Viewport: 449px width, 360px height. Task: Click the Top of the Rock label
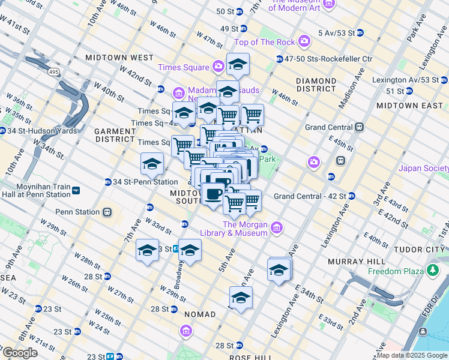click(265, 41)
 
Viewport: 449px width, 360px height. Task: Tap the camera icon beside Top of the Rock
click(305, 41)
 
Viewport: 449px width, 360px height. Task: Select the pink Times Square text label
click(184, 67)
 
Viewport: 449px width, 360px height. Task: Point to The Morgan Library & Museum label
click(245, 229)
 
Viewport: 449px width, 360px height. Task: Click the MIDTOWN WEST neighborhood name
click(119, 58)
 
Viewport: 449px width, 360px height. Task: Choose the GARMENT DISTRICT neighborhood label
click(114, 134)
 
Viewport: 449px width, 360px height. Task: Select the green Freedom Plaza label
click(393, 271)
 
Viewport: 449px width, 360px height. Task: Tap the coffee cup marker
click(214, 193)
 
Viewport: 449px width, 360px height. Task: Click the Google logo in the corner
click(20, 353)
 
